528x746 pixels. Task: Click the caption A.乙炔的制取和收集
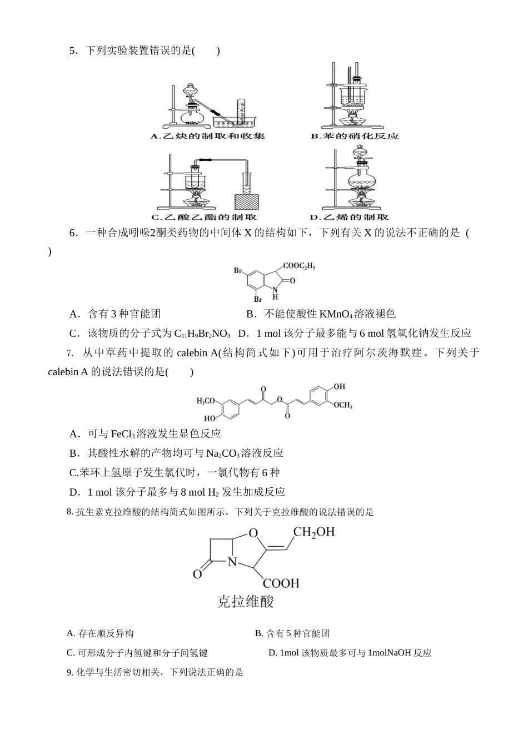(x=208, y=136)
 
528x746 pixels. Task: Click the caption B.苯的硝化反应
(x=355, y=136)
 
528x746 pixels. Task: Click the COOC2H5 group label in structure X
(x=299, y=267)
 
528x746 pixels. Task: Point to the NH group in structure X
(x=275, y=293)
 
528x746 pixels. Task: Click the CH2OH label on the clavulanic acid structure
(x=314, y=532)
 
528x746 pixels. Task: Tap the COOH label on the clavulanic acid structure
(x=281, y=583)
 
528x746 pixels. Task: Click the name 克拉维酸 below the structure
(x=245, y=602)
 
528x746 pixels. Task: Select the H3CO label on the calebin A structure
(x=207, y=400)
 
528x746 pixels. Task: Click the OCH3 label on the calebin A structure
(x=343, y=405)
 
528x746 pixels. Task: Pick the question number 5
(x=72, y=51)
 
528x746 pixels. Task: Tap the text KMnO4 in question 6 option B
(x=336, y=314)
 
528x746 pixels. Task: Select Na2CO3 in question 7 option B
(x=223, y=453)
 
